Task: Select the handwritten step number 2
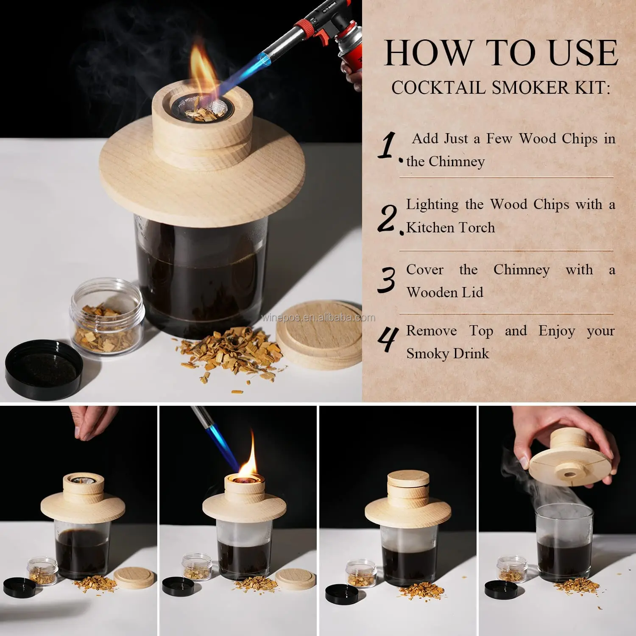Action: pyautogui.click(x=388, y=218)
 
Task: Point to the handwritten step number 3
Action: pyautogui.click(x=386, y=280)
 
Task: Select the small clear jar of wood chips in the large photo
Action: pyautogui.click(x=107, y=316)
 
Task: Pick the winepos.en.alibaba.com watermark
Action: pyautogui.click(x=318, y=318)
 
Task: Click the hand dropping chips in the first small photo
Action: pyautogui.click(x=93, y=422)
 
